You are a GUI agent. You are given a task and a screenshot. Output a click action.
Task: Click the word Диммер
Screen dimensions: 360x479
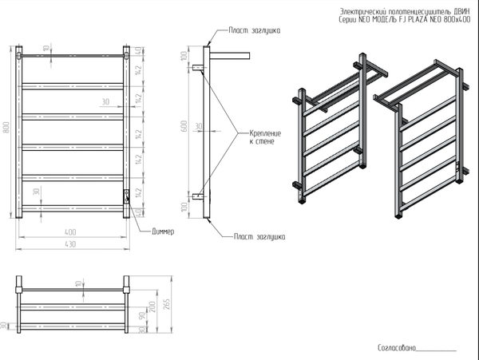click(162, 231)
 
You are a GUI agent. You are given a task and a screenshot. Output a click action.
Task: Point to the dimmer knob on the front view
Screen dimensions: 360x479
click(125, 194)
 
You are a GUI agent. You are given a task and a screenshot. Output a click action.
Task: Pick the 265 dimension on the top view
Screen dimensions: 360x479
click(164, 303)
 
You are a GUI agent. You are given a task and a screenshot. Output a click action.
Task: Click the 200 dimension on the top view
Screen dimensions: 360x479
click(150, 307)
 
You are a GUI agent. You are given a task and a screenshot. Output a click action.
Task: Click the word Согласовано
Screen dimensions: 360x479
click(397, 347)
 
